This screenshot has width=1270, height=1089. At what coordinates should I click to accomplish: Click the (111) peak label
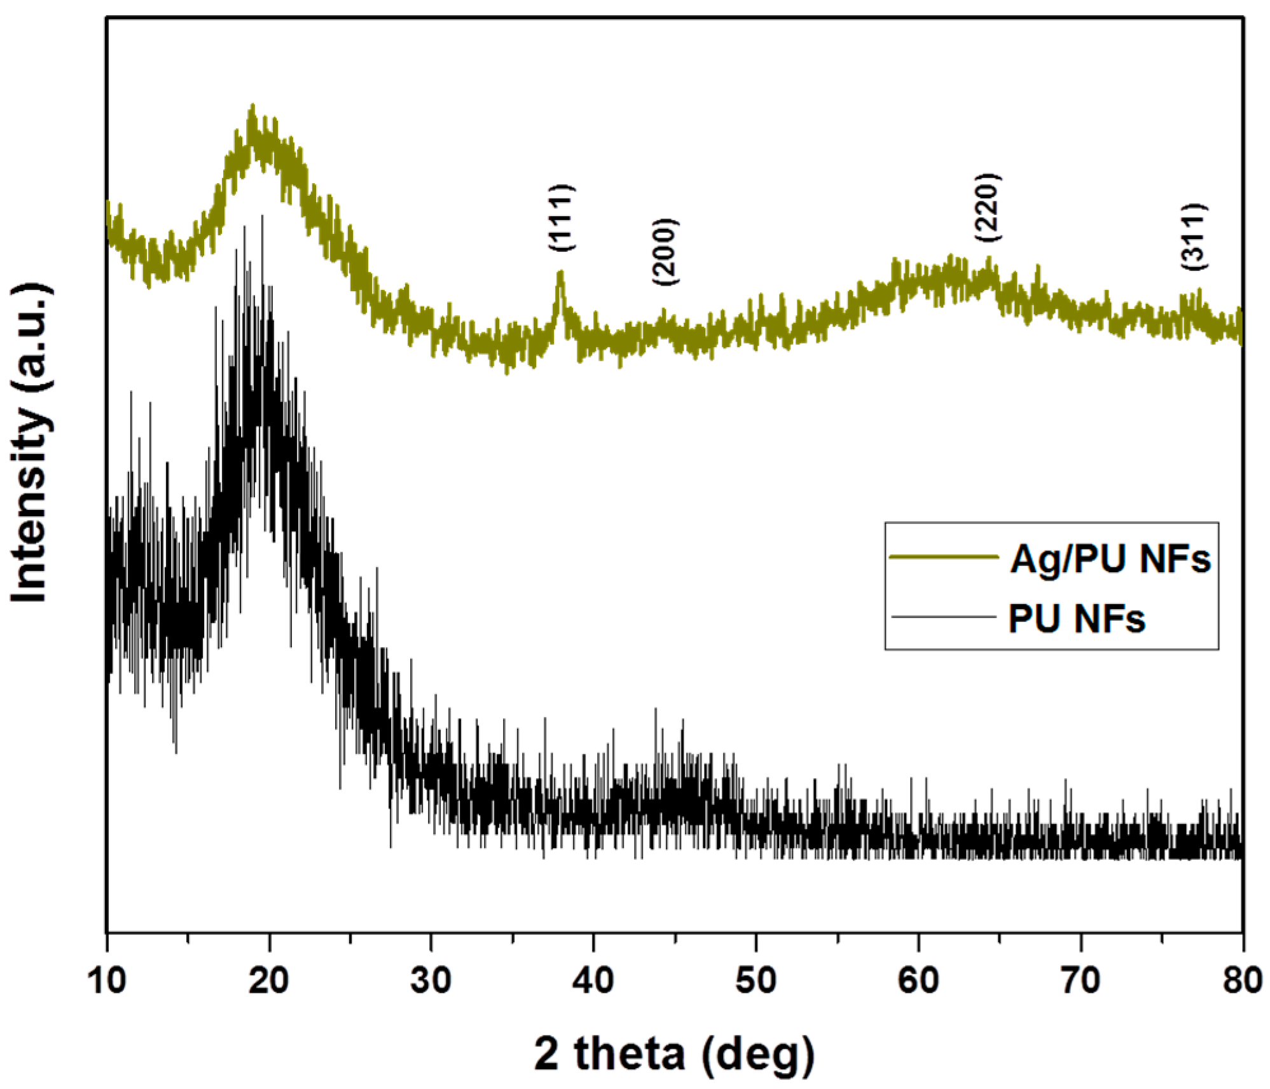[x=562, y=217]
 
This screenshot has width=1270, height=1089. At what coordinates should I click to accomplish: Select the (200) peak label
[x=665, y=252]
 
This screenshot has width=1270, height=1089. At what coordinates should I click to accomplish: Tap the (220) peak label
[x=988, y=207]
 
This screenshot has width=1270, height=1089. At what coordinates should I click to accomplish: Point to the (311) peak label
[x=1194, y=236]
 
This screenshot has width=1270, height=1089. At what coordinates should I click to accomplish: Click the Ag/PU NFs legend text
[x=1110, y=559]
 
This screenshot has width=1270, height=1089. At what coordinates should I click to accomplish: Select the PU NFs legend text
[x=1076, y=618]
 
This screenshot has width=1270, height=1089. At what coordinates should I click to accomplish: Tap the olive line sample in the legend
[x=943, y=557]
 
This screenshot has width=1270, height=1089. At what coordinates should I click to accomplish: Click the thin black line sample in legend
[x=943, y=616]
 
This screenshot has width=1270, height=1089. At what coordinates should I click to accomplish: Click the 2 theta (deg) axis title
[x=673, y=1053]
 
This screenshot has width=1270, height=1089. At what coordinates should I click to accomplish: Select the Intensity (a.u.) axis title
[x=30, y=443]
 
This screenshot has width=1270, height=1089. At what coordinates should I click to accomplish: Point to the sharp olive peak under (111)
[x=560, y=275]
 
